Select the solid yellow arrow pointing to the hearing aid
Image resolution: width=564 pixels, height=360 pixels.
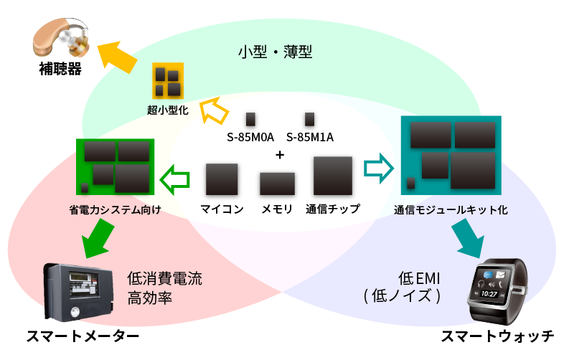pos(116,57)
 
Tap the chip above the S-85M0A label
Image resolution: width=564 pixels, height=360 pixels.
pos(250,119)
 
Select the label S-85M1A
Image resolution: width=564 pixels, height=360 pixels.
pos(310,137)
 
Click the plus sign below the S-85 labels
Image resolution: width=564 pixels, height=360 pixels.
pos(280,156)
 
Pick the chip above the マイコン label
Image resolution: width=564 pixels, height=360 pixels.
pos(222,180)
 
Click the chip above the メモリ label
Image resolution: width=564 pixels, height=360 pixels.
pos(277,184)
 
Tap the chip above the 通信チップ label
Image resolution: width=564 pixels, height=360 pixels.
pos(333,176)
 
